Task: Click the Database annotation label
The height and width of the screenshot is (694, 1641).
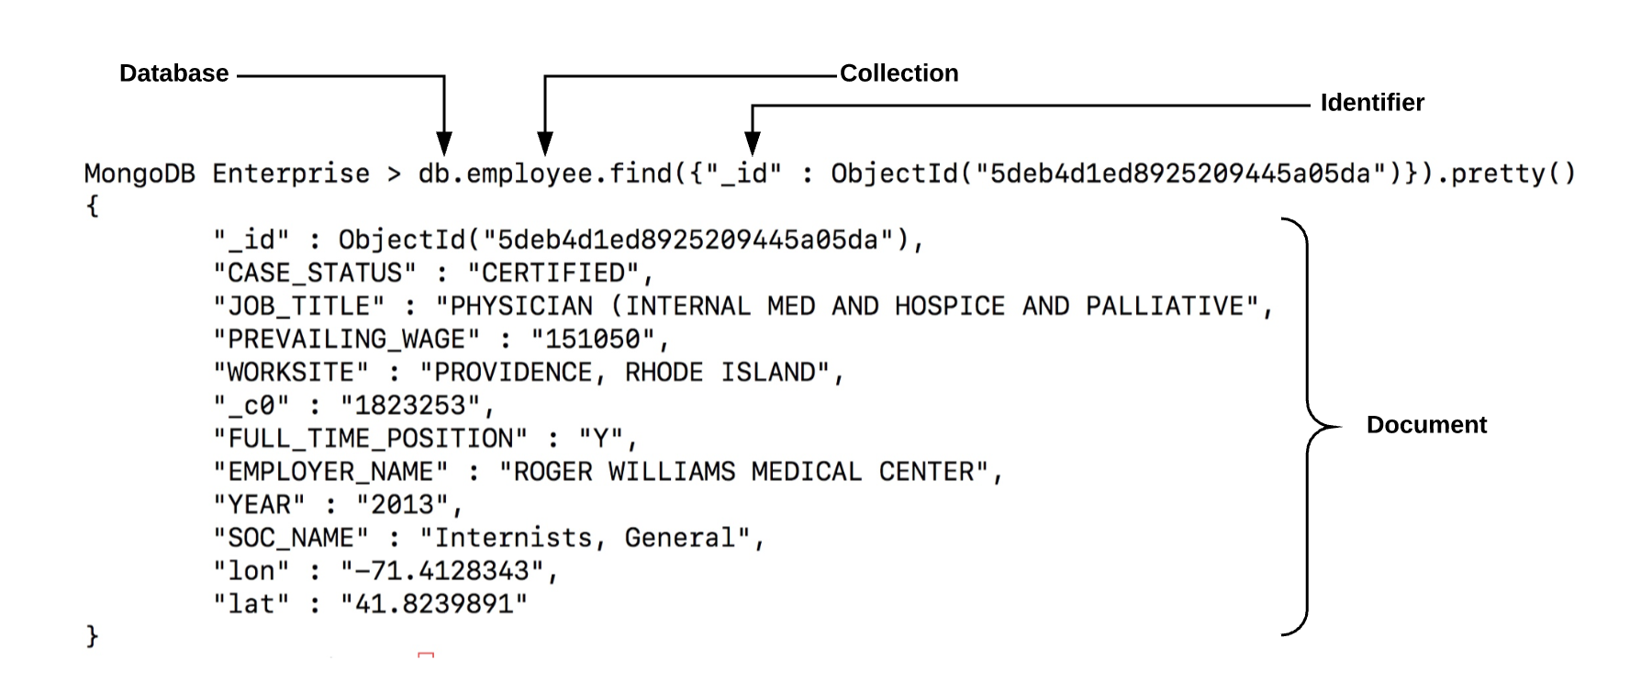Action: [173, 73]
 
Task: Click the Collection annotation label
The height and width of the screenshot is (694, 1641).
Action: [899, 73]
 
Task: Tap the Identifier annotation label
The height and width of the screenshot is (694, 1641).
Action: [1372, 103]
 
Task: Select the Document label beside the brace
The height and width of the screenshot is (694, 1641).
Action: [1426, 425]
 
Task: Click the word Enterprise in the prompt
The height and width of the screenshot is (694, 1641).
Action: [291, 173]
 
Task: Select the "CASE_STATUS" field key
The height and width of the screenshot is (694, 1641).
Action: [315, 274]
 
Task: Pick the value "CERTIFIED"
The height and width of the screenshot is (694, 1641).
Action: [553, 274]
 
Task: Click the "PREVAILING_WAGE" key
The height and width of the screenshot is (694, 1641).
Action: [346, 340]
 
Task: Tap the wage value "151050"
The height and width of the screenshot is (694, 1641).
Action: [593, 340]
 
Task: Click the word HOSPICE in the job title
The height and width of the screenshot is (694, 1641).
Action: [950, 307]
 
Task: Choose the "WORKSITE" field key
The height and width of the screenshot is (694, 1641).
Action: [291, 373]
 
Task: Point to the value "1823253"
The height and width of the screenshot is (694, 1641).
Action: [410, 406]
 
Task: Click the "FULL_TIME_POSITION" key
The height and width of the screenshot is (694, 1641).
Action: [370, 439]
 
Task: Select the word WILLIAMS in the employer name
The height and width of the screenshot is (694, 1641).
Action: [672, 472]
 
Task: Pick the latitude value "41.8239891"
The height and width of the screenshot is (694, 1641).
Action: [434, 604]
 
